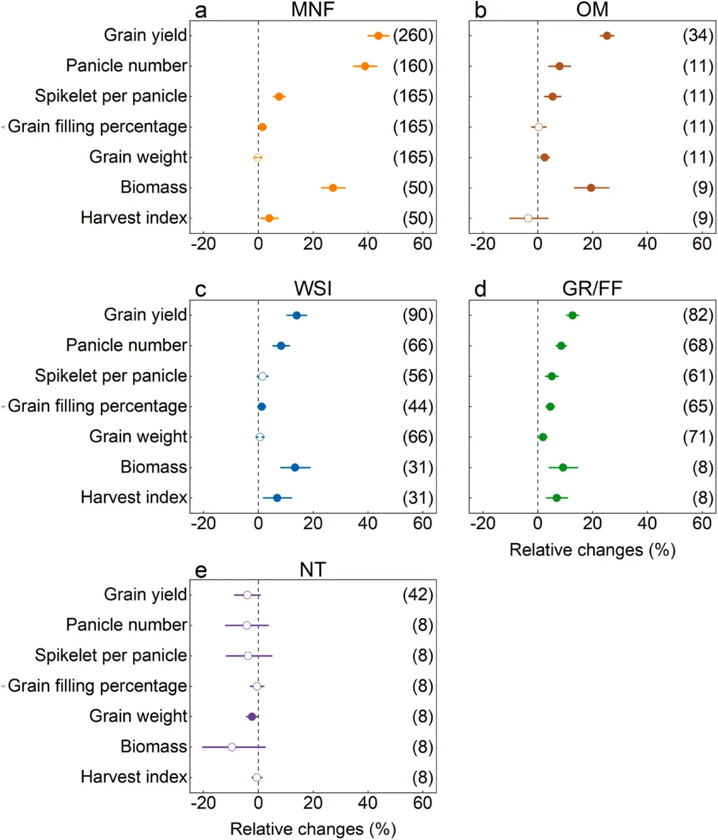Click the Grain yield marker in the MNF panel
tap(378, 36)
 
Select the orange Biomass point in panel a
tap(333, 188)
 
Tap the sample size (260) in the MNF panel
tap(413, 36)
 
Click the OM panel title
tap(592, 10)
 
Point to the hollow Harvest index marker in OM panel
tap(528, 218)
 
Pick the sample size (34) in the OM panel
tap(697, 36)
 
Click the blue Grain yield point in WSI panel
tap(297, 316)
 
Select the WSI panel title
tap(312, 289)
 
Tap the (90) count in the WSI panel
tap(418, 316)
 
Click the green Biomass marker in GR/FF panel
tap(563, 468)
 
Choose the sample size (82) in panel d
tap(697, 316)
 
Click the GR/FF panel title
tap(592, 289)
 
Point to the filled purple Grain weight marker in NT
tap(252, 716)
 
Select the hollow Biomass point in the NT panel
tap(232, 747)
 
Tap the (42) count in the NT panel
tap(418, 595)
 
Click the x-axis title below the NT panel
tap(312, 829)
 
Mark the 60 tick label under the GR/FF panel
tap(701, 524)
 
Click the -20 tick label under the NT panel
tap(203, 803)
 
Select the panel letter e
tap(200, 571)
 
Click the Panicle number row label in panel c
tap(126, 346)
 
